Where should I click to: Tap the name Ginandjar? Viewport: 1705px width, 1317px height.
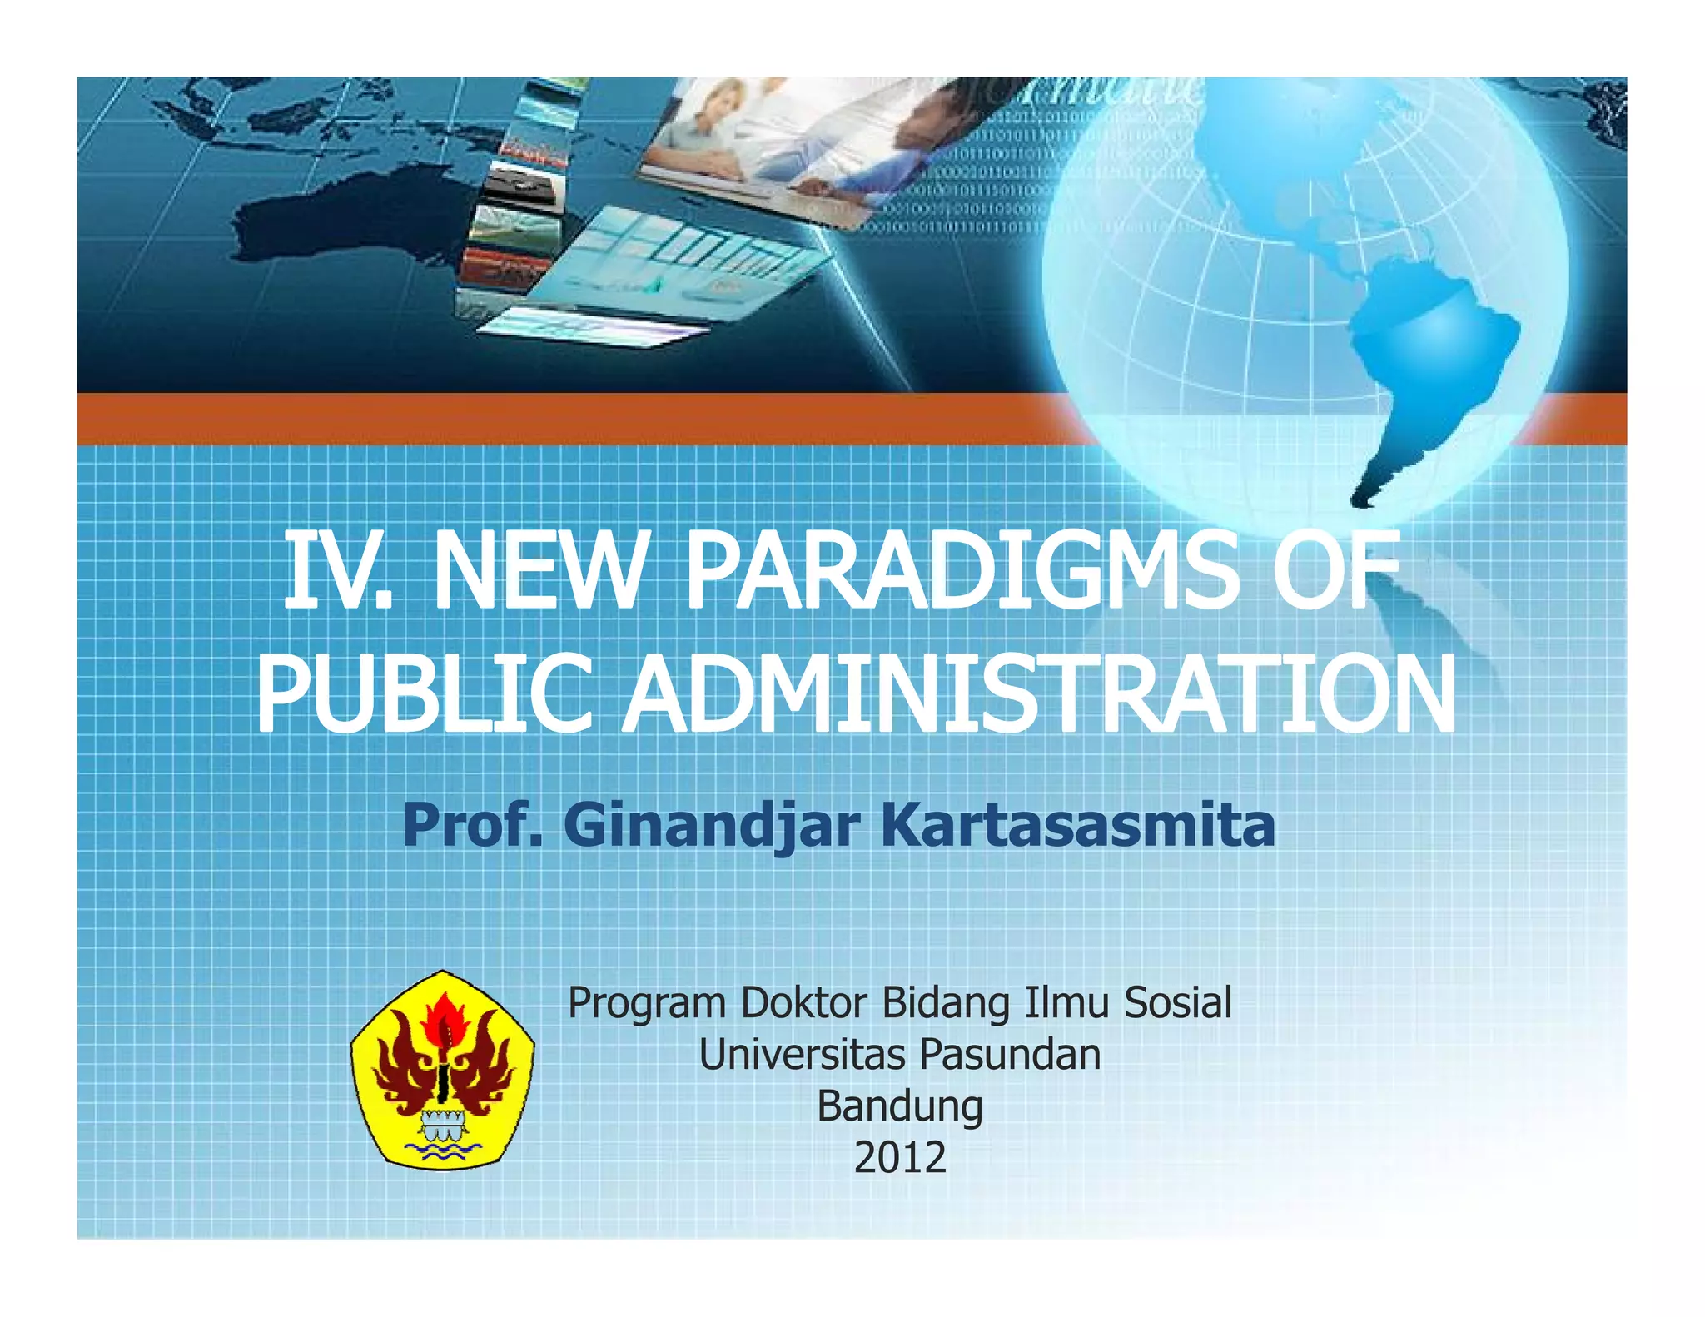712,826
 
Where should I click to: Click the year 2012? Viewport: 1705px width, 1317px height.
900,1158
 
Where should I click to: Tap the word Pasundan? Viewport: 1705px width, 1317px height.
1010,1055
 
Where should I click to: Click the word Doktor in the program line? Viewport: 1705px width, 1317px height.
803,1002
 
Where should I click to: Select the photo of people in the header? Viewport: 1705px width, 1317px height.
783,146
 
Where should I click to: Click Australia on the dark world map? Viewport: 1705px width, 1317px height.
333,216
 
